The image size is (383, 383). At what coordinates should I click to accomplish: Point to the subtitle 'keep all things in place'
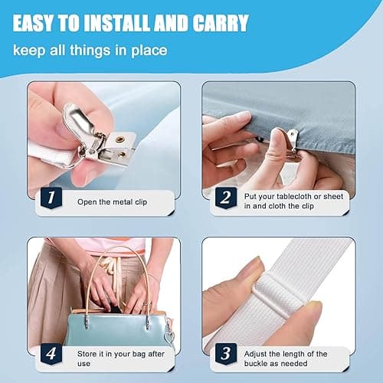(87, 52)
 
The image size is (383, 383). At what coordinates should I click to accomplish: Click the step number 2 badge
(224, 201)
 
